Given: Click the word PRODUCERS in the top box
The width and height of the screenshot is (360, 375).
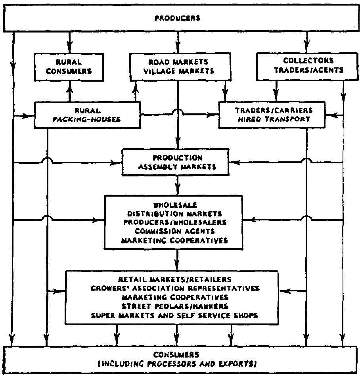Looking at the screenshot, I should click(x=178, y=18).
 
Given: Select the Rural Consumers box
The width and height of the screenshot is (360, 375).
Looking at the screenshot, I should click(x=69, y=67).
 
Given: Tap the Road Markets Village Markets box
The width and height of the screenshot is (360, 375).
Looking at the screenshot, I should click(x=179, y=67).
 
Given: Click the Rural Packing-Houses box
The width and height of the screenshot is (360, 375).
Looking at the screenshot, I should click(x=87, y=115).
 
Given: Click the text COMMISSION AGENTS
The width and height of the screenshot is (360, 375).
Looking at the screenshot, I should click(x=175, y=231).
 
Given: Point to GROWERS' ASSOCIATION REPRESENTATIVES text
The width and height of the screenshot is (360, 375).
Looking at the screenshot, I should click(x=175, y=288).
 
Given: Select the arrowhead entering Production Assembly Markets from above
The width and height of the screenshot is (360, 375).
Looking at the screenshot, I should click(x=178, y=145).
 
